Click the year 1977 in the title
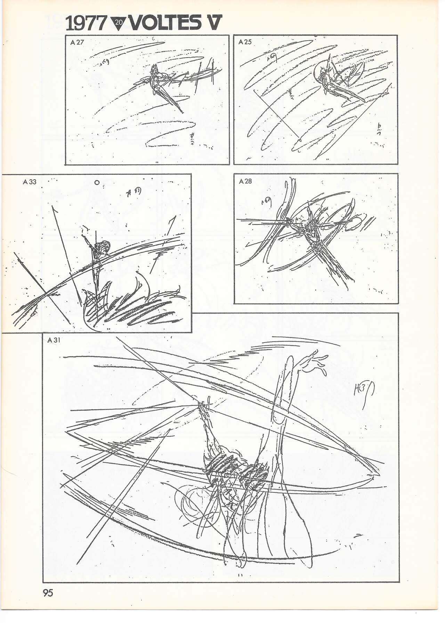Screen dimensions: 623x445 (x=86, y=24)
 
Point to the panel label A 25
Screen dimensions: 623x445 (x=245, y=42)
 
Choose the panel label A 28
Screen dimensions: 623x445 (x=245, y=181)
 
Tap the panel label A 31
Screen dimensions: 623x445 (x=54, y=340)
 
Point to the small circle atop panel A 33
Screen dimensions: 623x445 (x=97, y=182)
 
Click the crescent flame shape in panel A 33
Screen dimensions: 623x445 (x=143, y=283)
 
